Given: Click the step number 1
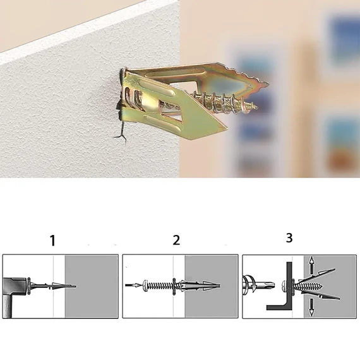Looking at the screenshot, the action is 53,241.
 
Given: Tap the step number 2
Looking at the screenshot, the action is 176,240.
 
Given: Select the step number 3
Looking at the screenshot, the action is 289,237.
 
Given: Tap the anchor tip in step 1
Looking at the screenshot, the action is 75,286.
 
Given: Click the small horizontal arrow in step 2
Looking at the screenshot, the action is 133,285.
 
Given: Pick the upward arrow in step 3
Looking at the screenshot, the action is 311,265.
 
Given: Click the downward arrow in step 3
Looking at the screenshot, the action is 311,307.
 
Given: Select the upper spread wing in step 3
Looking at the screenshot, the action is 317,275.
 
